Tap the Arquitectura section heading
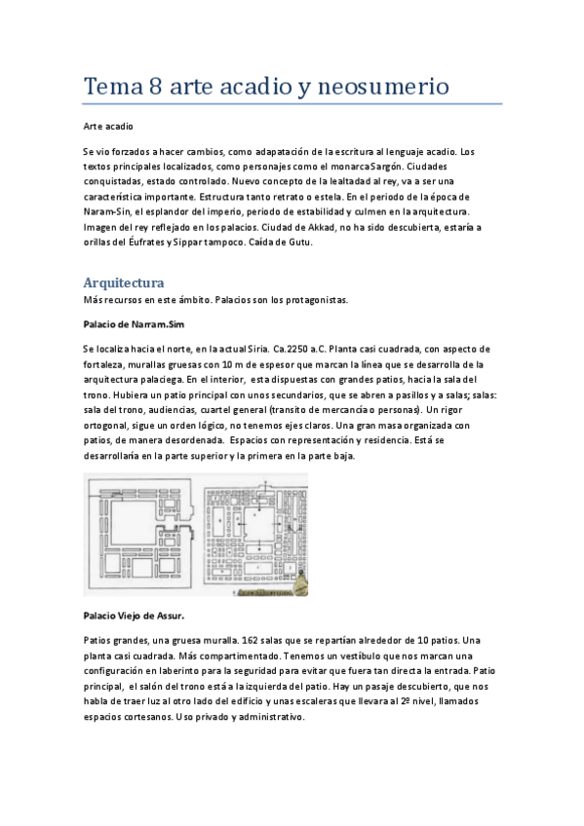pos(123,282)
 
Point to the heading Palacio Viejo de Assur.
pos(134,616)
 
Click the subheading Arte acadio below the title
pos(107,127)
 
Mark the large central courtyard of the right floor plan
pos(258,520)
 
